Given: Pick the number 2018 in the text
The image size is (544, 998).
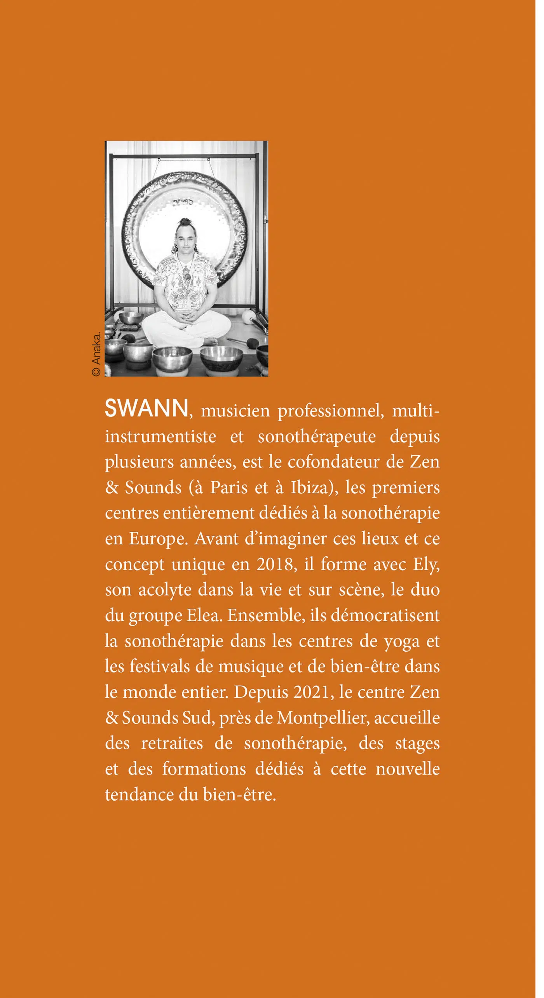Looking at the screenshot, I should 274,564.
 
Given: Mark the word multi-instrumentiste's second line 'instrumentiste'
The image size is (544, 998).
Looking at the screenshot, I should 160,436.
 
